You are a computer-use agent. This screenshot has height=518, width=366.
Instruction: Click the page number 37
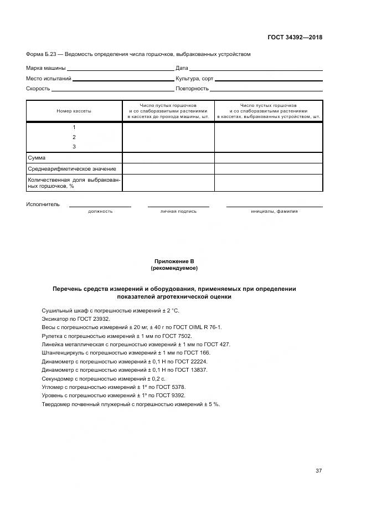[318, 471]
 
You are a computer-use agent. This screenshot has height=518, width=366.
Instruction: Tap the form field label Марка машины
[46, 68]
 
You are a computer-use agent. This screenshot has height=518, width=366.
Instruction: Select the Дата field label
[182, 68]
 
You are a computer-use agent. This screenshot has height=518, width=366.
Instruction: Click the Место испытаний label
[49, 79]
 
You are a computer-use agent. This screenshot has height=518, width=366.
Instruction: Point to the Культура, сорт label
[194, 79]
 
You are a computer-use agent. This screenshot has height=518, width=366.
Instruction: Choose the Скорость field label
[38, 89]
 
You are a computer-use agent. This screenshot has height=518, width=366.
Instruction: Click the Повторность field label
[192, 89]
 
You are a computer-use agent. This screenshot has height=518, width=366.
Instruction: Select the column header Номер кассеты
[74, 111]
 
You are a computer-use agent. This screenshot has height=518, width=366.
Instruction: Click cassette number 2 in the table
[74, 137]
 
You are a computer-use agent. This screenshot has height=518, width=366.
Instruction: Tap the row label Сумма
[37, 158]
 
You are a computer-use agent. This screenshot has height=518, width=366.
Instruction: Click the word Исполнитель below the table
[43, 204]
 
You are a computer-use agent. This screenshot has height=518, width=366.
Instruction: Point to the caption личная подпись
[178, 211]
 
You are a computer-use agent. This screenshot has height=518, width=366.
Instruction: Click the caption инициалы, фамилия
[274, 211]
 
